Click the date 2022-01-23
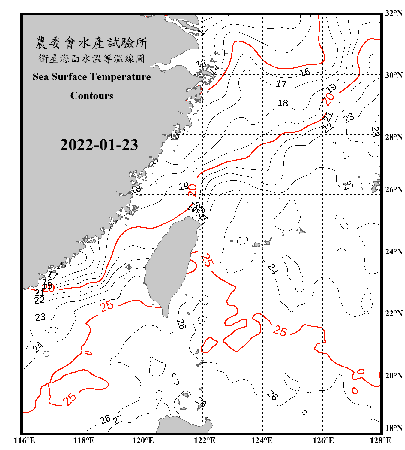pyautogui.click(x=99, y=145)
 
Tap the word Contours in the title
pyautogui.click(x=92, y=96)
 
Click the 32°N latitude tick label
pyautogui.click(x=394, y=13)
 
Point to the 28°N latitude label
pyautogui.click(x=394, y=137)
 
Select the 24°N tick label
pyautogui.click(x=394, y=252)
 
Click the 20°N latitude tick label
pyautogui.click(x=394, y=375)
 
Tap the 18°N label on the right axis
pyautogui.click(x=394, y=428)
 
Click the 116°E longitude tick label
pyautogui.click(x=25, y=440)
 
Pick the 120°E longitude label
pyautogui.click(x=143, y=440)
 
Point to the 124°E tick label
pyautogui.click(x=262, y=440)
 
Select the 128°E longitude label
pyautogui.click(x=380, y=440)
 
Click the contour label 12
pyautogui.click(x=203, y=30)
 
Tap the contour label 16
pyautogui.click(x=304, y=72)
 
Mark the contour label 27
pyautogui.click(x=118, y=420)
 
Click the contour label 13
pyautogui.click(x=201, y=64)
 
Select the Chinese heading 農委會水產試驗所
pyautogui.click(x=92, y=43)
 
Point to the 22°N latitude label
pyautogui.click(x=394, y=313)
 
